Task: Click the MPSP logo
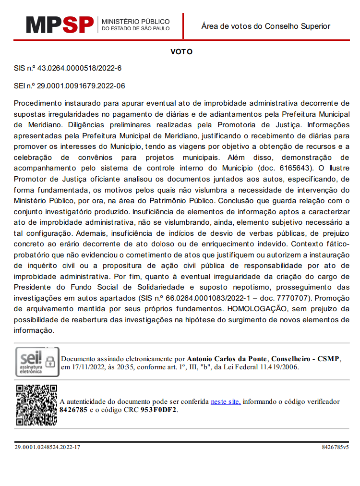pos(60,24)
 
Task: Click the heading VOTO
pos(181,51)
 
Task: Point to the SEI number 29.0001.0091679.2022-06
pos(81,86)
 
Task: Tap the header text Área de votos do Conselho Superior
pos(265,26)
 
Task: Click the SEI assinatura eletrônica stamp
pos(37,362)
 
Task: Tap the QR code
pos(36,404)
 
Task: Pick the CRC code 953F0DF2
pos(159,410)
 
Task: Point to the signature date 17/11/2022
pos(87,367)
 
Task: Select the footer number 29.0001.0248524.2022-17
pos(47,447)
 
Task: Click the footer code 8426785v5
pos(335,447)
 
